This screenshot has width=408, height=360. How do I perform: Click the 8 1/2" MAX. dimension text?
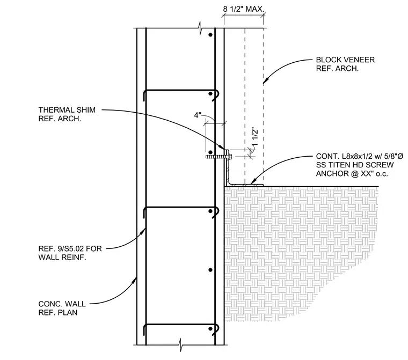(x=243, y=9)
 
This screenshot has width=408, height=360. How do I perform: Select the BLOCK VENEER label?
(x=345, y=60)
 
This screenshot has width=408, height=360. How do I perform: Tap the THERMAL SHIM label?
(x=67, y=110)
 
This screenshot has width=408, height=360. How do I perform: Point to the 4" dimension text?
(x=198, y=115)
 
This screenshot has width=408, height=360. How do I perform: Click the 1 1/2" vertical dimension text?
(x=255, y=137)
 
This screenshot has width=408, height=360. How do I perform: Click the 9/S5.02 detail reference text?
(x=71, y=248)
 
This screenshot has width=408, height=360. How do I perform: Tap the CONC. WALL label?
(x=62, y=304)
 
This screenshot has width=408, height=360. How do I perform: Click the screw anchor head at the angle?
(x=230, y=157)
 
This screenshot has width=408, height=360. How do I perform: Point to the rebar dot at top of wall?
(x=210, y=35)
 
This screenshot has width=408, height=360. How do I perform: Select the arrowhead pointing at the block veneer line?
(x=265, y=81)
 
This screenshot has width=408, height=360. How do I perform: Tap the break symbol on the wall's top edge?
(x=200, y=28)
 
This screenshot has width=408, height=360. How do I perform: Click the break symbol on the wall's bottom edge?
(x=181, y=345)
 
